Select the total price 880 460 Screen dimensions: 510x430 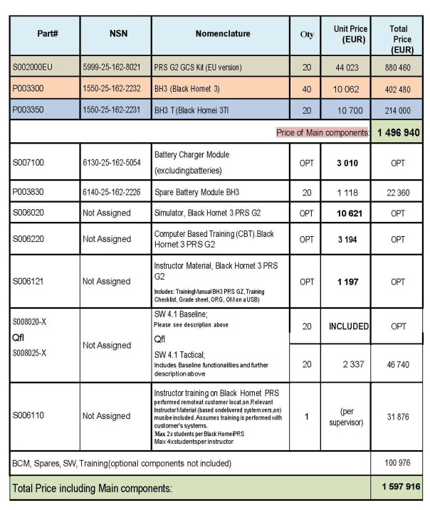coord(399,67)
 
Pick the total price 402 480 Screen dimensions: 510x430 coord(399,89)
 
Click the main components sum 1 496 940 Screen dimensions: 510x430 coord(398,132)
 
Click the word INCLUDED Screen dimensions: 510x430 coord(350,326)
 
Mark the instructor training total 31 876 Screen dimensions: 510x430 coord(399,416)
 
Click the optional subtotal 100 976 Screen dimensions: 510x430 coord(399,464)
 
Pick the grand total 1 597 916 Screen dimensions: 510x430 coord(398,489)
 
